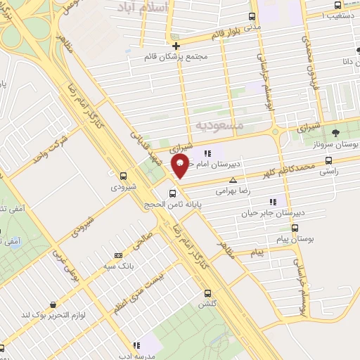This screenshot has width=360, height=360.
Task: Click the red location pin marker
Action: point(181,167)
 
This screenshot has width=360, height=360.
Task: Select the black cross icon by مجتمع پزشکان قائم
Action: point(176,46)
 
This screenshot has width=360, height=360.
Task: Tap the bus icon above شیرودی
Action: point(124,176)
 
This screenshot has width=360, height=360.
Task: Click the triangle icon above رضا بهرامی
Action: point(233,181)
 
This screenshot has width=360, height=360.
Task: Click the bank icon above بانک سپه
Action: point(119,255)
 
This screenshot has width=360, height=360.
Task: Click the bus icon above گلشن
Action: point(207,293)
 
